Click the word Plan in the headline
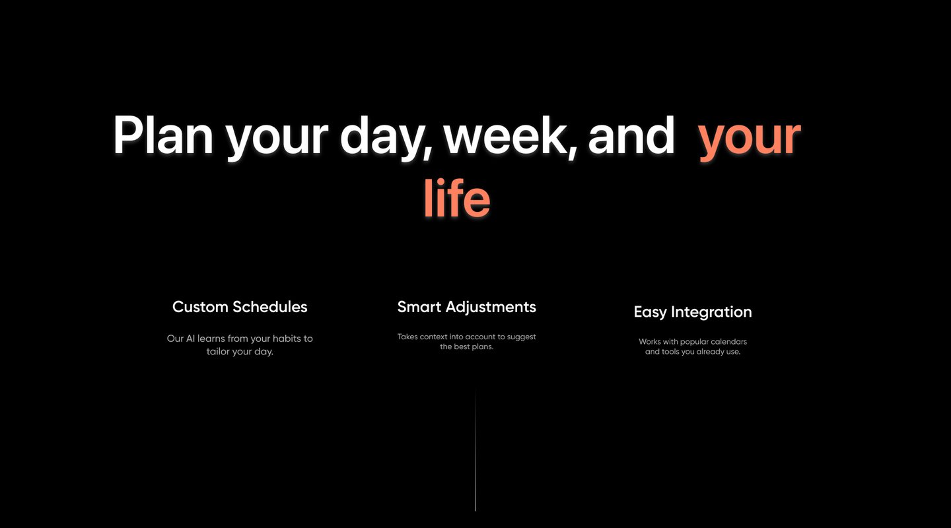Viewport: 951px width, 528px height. (x=163, y=135)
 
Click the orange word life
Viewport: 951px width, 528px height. (x=457, y=198)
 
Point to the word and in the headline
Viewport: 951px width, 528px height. (x=631, y=135)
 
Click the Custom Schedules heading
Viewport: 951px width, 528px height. (x=240, y=307)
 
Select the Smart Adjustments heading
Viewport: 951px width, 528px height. (x=466, y=307)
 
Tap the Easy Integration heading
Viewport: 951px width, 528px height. (x=693, y=312)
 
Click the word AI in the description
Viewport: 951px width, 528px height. (x=190, y=339)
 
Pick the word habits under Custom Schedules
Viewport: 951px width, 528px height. (x=287, y=339)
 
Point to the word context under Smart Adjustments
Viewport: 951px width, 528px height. (x=433, y=337)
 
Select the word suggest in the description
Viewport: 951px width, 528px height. (x=521, y=337)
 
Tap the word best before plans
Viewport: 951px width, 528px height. (x=462, y=346)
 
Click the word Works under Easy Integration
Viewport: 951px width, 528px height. (x=650, y=342)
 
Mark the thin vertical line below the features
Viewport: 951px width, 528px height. (x=475, y=450)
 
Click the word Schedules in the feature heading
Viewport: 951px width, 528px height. (x=270, y=307)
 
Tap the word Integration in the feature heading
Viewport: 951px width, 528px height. (x=711, y=312)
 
